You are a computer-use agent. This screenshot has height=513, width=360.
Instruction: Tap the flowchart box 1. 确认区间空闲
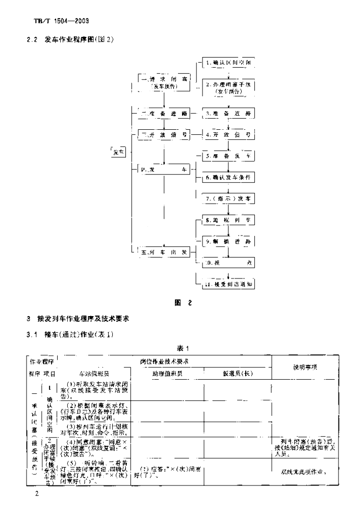228,64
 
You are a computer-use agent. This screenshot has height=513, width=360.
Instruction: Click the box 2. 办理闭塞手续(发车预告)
228,88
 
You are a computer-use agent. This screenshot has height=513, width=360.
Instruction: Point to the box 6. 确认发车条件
228,178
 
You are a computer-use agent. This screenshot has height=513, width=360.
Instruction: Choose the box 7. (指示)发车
228,199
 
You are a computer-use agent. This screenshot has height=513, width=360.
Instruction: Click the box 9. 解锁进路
228,241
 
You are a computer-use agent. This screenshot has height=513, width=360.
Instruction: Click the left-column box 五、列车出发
164,252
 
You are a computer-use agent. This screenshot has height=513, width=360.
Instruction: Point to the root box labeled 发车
118,152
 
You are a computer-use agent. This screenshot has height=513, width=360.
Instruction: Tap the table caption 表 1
181,348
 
